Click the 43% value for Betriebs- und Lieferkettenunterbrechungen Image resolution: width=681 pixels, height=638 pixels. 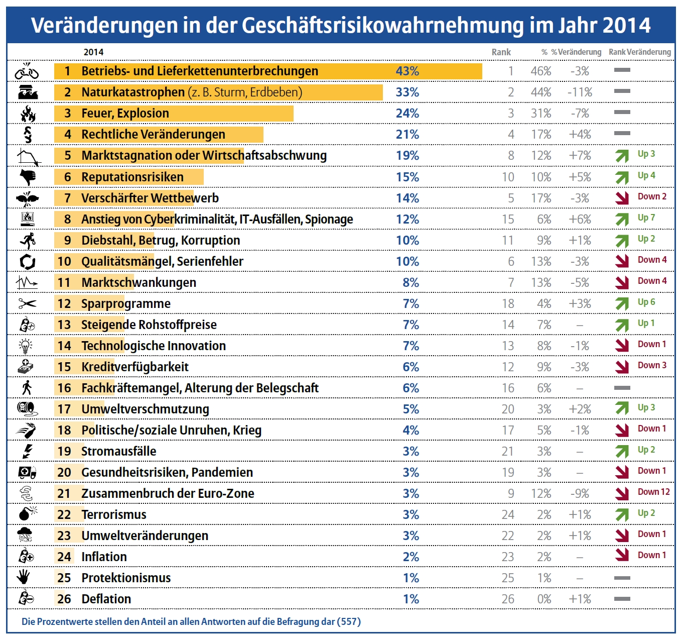coord(407,71)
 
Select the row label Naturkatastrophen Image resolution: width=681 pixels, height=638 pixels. coord(133,92)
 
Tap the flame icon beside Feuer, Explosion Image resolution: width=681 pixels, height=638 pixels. coord(28,114)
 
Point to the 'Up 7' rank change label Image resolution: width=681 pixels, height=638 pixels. coord(646,218)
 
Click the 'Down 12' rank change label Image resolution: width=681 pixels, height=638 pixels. coord(653,492)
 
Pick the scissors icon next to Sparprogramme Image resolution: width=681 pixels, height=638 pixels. coord(28,303)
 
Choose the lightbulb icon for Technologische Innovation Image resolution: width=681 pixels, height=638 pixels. coord(26,346)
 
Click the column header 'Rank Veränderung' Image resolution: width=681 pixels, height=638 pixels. coord(639,52)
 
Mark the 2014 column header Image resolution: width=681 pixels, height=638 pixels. coord(93,52)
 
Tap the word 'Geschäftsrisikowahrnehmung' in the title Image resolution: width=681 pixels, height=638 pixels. coord(382,25)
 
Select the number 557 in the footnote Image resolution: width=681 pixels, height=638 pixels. coord(349,622)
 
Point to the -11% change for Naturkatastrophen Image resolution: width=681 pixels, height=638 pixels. coord(580,92)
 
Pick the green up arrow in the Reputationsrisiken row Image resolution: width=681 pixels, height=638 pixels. coord(622,177)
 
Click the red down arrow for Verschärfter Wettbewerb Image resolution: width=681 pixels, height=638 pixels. coord(622,198)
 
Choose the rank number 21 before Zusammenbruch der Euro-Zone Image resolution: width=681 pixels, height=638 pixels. coord(64,494)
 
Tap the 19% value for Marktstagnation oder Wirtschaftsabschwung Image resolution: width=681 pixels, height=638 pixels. coord(407,156)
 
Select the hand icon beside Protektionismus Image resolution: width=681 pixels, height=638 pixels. coord(24,577)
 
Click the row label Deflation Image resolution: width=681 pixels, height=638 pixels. coord(106,599)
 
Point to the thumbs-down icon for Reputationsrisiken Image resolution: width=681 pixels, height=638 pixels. coord(28,177)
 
